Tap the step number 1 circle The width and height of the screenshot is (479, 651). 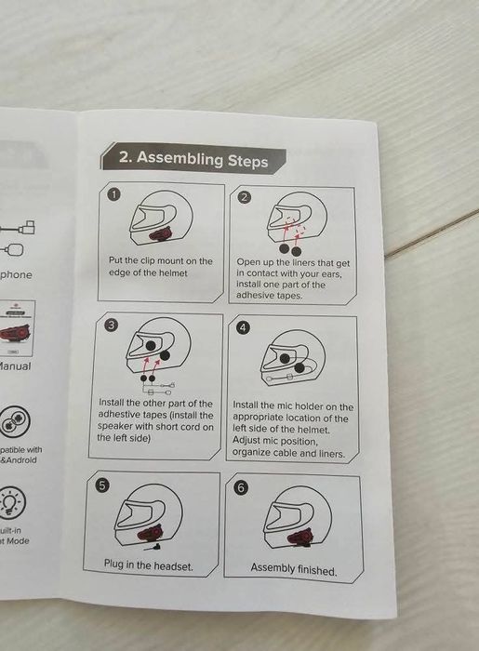pos(114,195)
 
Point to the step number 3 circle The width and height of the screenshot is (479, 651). pos(112,325)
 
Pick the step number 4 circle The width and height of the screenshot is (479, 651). pos(244,328)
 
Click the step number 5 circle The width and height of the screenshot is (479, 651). pos(104,485)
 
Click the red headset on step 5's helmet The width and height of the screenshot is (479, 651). pos(148,534)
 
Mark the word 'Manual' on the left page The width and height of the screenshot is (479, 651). pos(13,365)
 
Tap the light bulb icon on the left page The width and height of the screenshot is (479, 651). pos(11,503)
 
